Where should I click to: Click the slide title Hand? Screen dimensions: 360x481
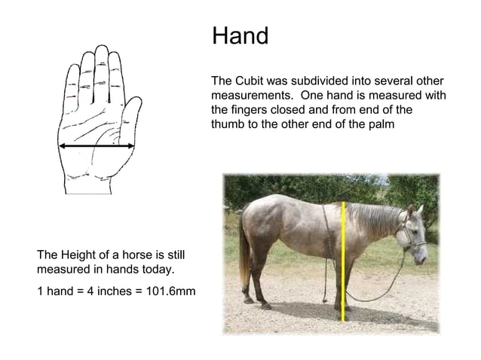240,35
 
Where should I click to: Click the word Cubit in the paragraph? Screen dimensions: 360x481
253,81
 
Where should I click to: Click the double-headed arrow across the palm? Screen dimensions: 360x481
97,145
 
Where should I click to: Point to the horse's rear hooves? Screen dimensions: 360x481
256,303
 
